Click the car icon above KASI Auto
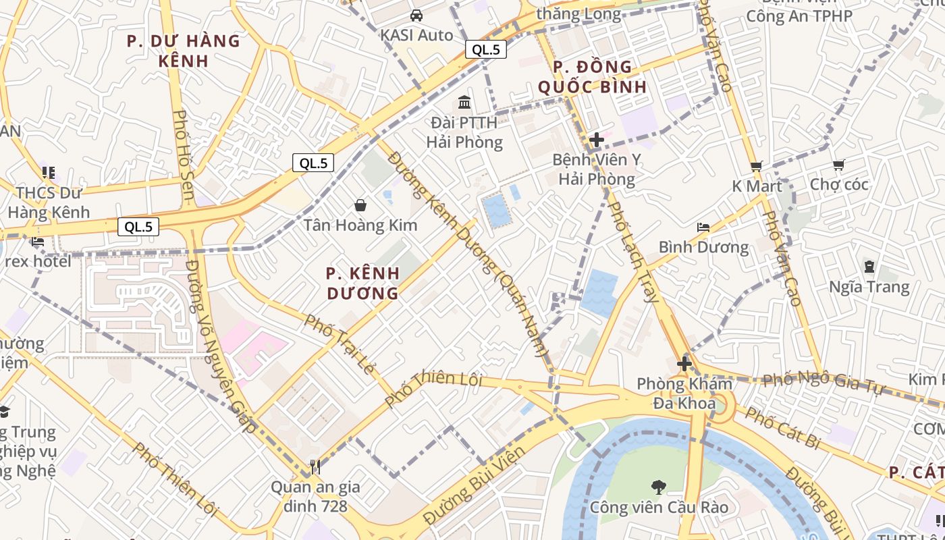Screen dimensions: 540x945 click(416, 15)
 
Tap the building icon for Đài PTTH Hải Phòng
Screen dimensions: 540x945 click(464, 103)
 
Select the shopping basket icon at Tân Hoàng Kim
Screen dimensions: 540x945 click(360, 205)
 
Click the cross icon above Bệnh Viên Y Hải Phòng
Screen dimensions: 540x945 click(596, 140)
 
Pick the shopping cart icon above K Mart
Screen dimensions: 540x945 click(756, 166)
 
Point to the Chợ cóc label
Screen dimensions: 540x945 click(839, 184)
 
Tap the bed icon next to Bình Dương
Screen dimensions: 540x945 click(703, 227)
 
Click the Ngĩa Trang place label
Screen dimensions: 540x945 click(869, 287)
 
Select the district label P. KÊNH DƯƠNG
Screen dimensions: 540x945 click(362, 283)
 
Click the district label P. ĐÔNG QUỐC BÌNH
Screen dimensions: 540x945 click(599, 77)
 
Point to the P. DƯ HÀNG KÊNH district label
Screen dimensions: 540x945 click(183, 51)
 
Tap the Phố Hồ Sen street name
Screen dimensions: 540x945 click(182, 158)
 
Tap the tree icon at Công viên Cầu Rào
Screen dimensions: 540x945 click(658, 486)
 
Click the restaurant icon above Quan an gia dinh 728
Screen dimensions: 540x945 click(315, 466)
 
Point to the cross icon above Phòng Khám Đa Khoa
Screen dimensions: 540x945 click(684, 364)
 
